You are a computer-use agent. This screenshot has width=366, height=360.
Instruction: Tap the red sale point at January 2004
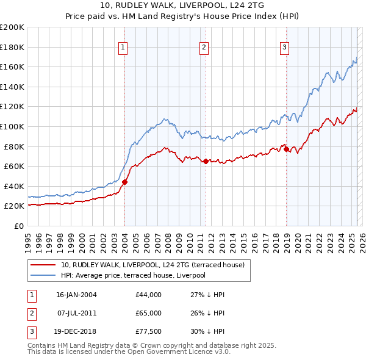coord(124,182)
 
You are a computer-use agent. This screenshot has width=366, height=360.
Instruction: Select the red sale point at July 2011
coord(206,161)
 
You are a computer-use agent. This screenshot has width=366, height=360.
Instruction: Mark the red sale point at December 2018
coord(286,149)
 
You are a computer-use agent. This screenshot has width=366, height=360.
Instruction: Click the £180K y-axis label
coord(12,47)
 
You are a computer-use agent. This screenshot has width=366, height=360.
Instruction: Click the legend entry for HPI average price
coord(133,275)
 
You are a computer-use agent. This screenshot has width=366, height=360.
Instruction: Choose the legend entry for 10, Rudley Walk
coord(152,265)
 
